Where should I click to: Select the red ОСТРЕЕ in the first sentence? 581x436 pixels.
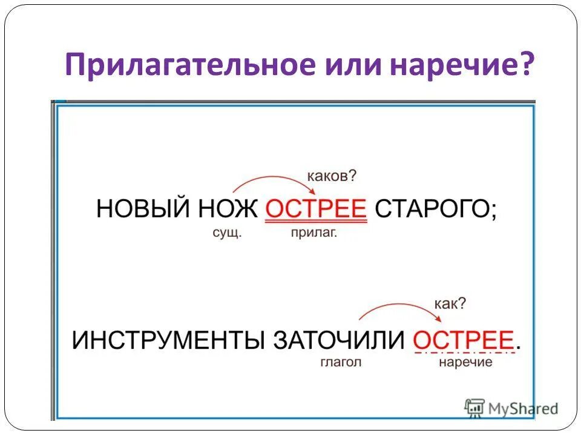point(317,210)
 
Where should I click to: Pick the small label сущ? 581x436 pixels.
point(227,234)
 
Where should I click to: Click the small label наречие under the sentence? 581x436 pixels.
point(465,363)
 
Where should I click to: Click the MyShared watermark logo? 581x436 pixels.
point(511,408)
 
